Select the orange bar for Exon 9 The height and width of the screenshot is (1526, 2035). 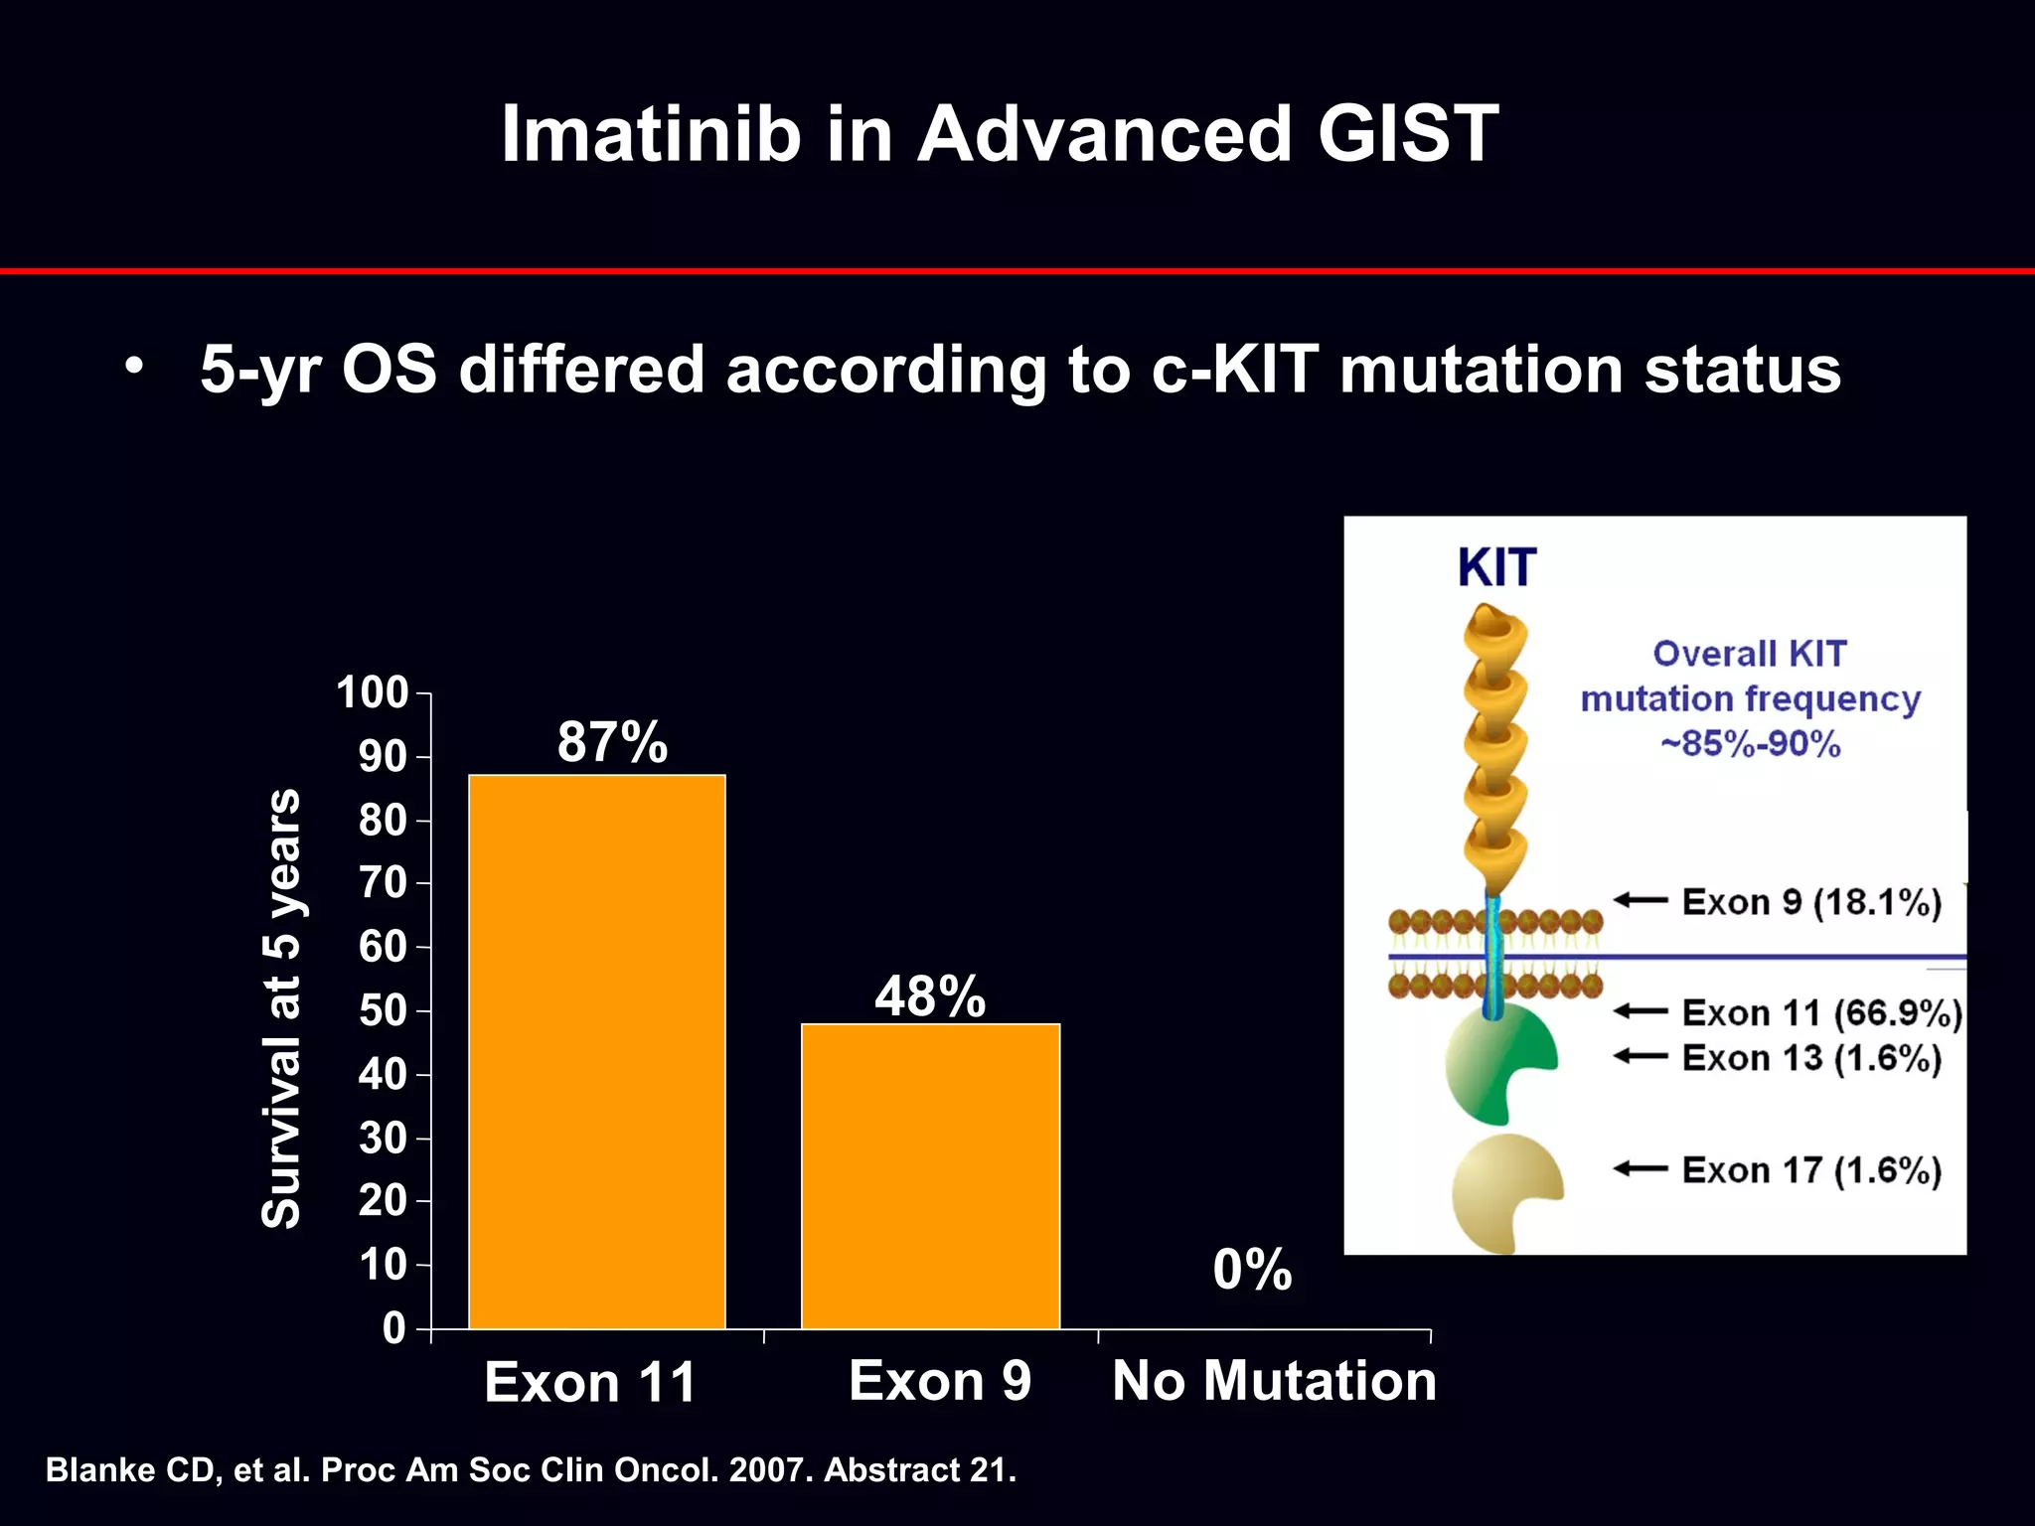[930, 1176]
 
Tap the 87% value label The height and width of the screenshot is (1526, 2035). [612, 742]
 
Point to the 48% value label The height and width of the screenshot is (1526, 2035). [930, 996]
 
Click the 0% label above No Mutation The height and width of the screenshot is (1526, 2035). [1252, 1270]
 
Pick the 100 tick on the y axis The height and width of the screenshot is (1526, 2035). [373, 692]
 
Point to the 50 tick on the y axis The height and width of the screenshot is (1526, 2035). [383, 1010]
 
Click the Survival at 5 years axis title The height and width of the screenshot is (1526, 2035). [281, 1008]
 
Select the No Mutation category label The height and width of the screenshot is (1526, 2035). [1274, 1381]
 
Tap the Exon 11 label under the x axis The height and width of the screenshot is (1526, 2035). [590, 1382]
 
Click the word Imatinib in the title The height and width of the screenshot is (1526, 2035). [651, 134]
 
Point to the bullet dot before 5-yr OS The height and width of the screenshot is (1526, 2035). [134, 367]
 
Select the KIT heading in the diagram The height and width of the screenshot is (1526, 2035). [1496, 568]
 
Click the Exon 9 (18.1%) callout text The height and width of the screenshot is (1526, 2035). [1811, 902]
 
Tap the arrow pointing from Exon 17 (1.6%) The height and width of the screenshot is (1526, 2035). [1641, 1169]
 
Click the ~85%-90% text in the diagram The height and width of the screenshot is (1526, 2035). [1750, 743]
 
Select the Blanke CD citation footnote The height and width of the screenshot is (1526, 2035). [531, 1470]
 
